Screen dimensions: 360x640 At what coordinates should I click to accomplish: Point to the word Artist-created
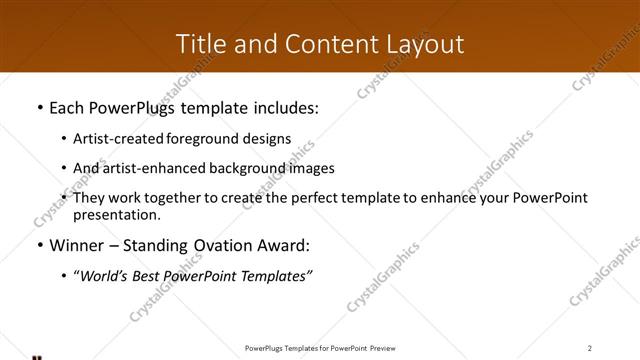[x=113, y=139]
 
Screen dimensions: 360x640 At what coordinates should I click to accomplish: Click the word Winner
[x=76, y=245]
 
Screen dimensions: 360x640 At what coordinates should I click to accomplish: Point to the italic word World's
[x=102, y=276]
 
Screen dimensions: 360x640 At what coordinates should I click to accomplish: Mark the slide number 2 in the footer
[x=590, y=347]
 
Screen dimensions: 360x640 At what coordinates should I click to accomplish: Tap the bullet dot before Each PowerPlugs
[x=39, y=108]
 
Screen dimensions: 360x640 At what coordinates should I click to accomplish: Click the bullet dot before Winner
[x=39, y=245]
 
